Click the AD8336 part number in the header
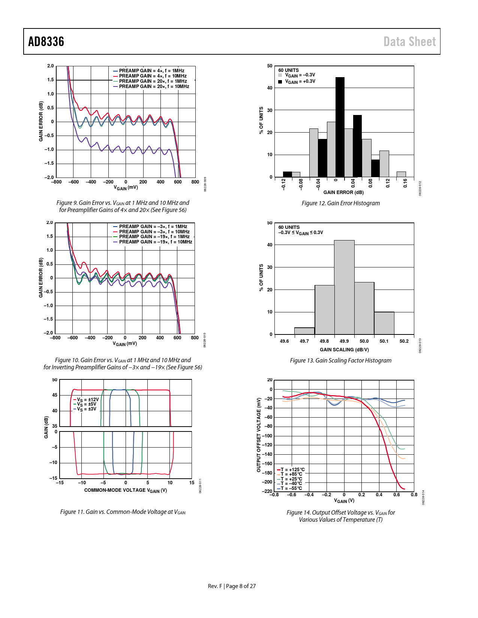pos(46,42)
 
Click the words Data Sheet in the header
pos(409,42)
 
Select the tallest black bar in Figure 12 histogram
pos(340,127)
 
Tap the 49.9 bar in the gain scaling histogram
pos(344,287)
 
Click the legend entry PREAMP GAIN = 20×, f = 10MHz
pos(154,87)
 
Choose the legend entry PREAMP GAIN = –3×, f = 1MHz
pos(153,227)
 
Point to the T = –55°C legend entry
pos(291,488)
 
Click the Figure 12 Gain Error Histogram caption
pos(340,203)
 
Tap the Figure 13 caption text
pos(340,361)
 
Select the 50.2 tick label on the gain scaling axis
pos(404,341)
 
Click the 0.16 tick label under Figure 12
pos(405,183)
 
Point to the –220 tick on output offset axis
pos(267,491)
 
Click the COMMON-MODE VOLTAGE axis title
pos(125,490)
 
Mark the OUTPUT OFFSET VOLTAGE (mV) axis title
pos(259,435)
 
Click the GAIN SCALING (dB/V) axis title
pos(344,350)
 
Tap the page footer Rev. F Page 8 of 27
pos(232,586)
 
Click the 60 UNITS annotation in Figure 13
pos(289,227)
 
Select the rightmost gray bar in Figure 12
pos(401,174)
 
